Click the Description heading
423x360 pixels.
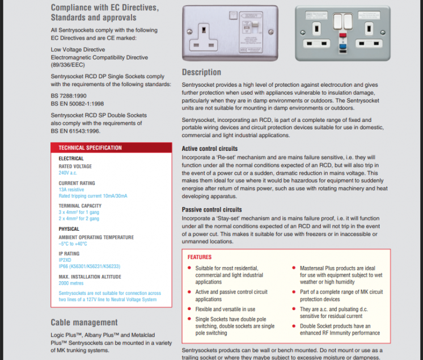(201, 73)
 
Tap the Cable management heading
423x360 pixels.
(84, 323)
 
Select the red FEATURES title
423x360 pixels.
(200, 257)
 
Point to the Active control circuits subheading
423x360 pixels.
(210, 149)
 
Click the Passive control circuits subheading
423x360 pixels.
(212, 210)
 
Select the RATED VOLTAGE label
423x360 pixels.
(75, 167)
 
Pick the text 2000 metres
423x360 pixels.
(71, 283)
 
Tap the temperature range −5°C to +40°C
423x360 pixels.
(73, 244)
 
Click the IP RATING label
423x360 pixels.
(69, 254)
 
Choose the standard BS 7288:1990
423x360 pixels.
(69, 96)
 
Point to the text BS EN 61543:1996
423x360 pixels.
(75, 131)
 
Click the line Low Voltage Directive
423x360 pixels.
(78, 50)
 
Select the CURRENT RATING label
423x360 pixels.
(77, 183)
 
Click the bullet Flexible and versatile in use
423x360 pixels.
(225, 309)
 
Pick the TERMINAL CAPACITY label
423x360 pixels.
(80, 206)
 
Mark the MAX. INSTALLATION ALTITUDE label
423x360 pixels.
(90, 277)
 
